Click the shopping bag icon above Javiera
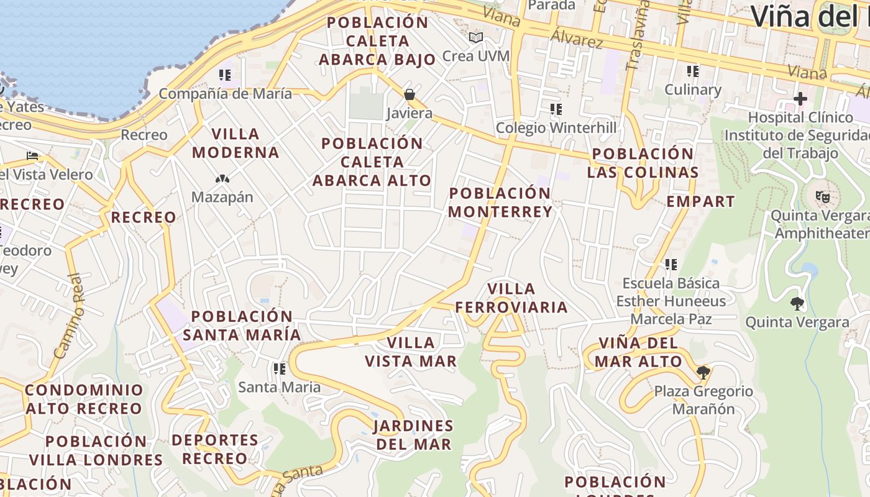(x=410, y=94)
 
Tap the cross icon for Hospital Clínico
(x=800, y=99)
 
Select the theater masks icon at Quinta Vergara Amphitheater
(x=823, y=198)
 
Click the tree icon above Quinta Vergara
(x=797, y=304)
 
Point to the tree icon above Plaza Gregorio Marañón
(x=703, y=373)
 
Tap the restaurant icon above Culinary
(x=693, y=71)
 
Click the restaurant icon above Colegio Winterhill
(x=556, y=110)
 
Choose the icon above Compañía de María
(x=225, y=76)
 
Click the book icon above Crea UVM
(x=476, y=38)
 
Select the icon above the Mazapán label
(x=222, y=179)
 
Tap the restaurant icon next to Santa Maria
(x=280, y=369)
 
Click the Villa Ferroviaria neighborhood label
(x=511, y=298)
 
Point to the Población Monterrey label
(x=500, y=203)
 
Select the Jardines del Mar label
(x=413, y=435)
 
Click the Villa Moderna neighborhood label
(x=236, y=143)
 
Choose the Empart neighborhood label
(x=700, y=201)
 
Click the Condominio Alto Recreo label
(x=84, y=399)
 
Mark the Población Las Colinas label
(x=643, y=163)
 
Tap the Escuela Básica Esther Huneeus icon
(x=671, y=265)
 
